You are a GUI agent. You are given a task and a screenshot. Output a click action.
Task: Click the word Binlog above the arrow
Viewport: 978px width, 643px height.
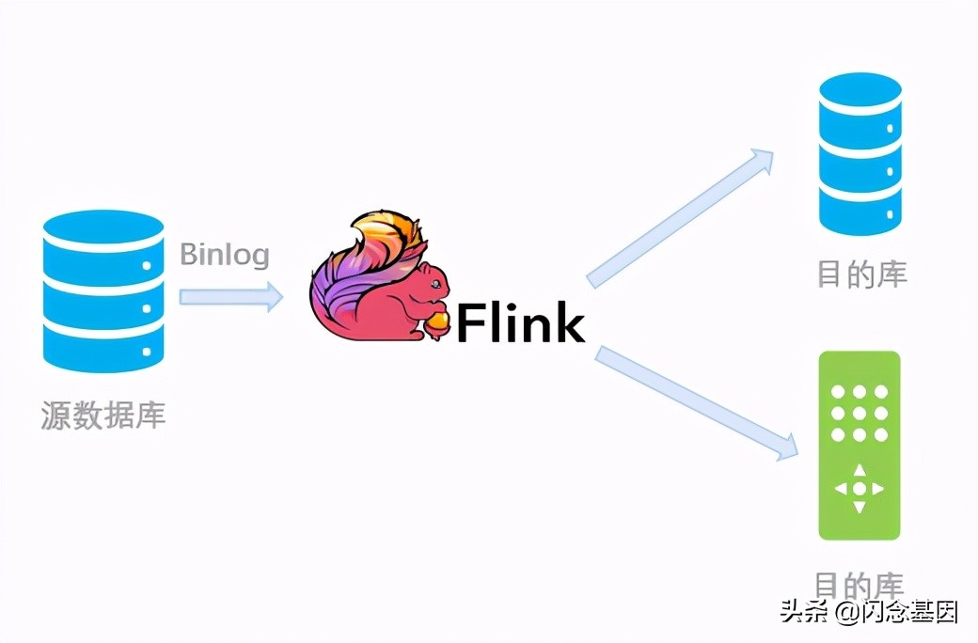(x=225, y=255)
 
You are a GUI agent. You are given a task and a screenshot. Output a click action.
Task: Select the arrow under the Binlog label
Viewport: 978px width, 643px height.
(x=230, y=296)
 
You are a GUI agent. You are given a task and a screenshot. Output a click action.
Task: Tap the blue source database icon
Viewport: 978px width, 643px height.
(x=103, y=291)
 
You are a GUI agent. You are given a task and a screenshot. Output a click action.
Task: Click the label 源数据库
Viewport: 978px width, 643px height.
(x=103, y=415)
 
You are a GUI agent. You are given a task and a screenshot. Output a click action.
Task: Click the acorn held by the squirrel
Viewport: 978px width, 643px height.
(x=439, y=321)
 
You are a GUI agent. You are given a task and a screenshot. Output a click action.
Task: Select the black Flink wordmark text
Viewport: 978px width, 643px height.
(x=521, y=321)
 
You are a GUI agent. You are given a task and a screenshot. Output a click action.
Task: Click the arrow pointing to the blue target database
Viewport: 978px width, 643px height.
(x=681, y=218)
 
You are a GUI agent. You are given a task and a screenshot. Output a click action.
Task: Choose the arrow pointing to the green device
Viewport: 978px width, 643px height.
(x=696, y=403)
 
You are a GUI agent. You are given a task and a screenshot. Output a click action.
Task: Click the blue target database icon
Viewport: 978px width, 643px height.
(x=860, y=154)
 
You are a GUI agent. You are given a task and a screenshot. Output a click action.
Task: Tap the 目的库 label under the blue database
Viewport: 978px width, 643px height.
(x=861, y=274)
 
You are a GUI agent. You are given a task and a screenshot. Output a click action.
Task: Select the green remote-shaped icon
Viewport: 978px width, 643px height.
(x=860, y=446)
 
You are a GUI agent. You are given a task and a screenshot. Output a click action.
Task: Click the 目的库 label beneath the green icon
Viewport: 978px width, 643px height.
(x=860, y=585)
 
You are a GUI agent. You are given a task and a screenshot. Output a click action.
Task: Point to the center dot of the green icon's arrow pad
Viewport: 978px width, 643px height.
(x=860, y=489)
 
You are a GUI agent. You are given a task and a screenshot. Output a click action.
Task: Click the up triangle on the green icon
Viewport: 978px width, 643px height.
(x=860, y=470)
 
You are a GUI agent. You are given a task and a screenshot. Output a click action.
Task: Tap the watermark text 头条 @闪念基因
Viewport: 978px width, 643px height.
(x=869, y=612)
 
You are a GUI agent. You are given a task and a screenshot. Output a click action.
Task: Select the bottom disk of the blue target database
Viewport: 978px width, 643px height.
(x=860, y=212)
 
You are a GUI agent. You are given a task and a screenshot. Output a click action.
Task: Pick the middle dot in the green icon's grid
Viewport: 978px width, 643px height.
(x=860, y=413)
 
